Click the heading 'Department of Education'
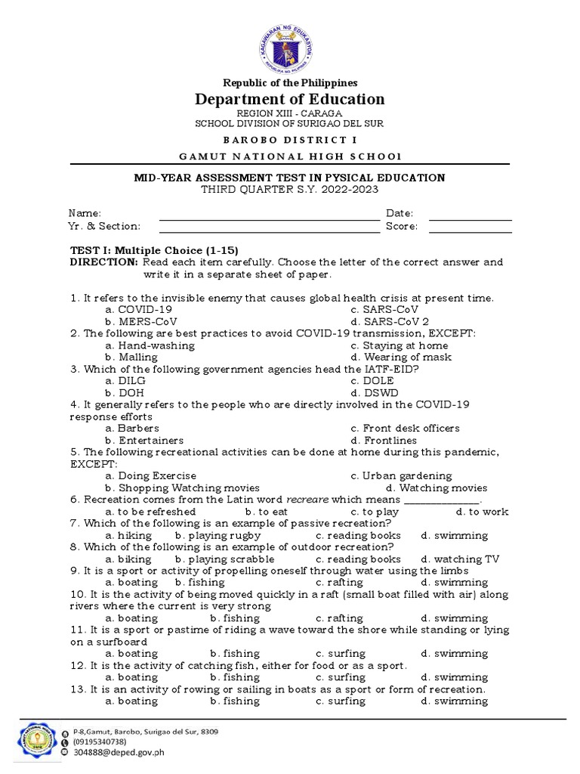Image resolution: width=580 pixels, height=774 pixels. click(289, 99)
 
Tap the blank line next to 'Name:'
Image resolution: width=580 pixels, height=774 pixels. click(269, 218)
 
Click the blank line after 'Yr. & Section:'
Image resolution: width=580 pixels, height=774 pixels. click(269, 231)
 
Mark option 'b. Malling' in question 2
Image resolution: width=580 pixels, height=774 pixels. click(132, 357)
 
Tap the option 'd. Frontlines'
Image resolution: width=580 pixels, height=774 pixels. click(384, 440)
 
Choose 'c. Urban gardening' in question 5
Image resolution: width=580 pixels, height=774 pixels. click(401, 476)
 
